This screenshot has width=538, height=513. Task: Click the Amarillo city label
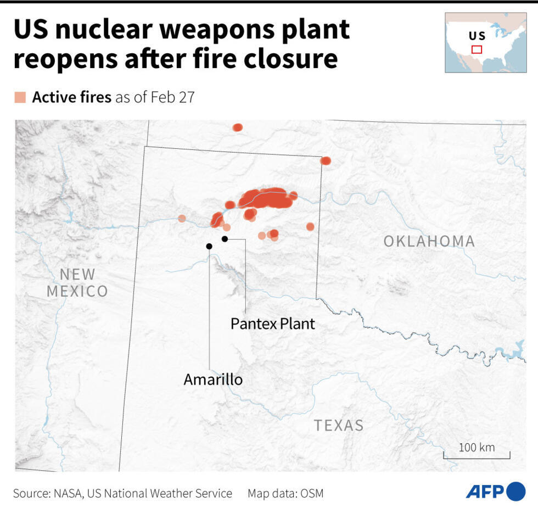coord(213,379)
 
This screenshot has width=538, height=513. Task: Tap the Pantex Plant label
coord(273,323)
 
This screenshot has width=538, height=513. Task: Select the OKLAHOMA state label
coord(429,241)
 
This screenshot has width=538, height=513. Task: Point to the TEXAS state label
coord(339,425)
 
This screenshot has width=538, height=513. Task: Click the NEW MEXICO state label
coord(77,282)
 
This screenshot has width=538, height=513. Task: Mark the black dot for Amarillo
coord(209,246)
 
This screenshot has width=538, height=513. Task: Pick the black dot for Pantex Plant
coord(225,238)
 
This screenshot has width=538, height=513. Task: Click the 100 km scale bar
coord(477,455)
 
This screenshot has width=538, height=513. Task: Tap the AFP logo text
coord(484,492)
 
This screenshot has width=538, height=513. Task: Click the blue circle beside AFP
coord(515,491)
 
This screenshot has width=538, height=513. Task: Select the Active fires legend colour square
coord(20,98)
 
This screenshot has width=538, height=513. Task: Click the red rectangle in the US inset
coord(477,49)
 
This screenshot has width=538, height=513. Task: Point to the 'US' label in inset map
coord(477,36)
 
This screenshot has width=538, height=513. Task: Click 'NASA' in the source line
coord(68,493)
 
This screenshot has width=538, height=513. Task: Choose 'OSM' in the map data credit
coord(312,493)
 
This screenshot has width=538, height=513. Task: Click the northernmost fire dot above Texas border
coord(237,127)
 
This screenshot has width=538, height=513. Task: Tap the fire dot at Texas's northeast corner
coord(326,161)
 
